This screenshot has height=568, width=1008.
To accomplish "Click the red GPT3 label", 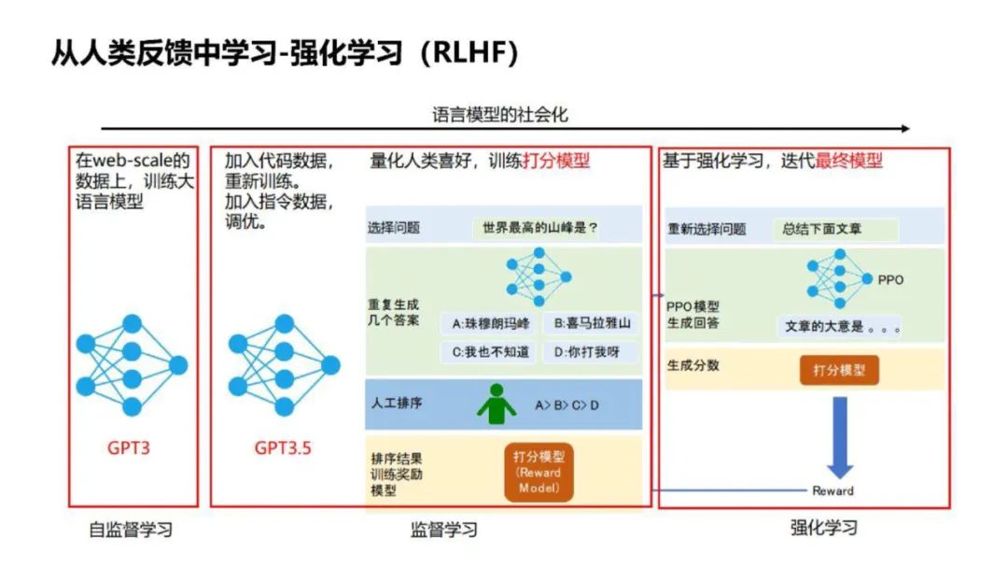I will coord(128,447).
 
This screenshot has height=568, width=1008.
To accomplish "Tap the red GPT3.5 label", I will coord(283,447).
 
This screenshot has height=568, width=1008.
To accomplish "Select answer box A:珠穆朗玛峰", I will coord(490,324).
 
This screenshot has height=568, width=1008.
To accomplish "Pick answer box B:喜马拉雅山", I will coord(592,324).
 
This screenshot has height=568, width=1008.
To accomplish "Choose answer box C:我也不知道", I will coord(490,352).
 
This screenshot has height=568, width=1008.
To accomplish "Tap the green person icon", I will coord(497,405).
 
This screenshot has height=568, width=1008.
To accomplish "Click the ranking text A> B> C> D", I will coord(567,405).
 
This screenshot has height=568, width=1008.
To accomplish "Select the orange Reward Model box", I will coord(539,473).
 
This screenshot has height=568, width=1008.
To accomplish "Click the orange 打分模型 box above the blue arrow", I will coord(839,370).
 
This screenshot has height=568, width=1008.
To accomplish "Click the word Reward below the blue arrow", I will coord(833,490).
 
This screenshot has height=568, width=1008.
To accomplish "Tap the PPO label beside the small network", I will coord(890,279).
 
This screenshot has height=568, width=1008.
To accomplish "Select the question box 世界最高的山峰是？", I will coord(540,227).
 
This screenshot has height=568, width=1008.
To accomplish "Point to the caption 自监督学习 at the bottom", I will coord(131,531).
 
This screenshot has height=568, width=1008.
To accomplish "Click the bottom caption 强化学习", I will coord(824,528).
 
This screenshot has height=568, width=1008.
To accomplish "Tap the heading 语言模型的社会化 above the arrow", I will coord(500,115).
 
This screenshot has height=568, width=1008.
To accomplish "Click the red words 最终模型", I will coord(848,161).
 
